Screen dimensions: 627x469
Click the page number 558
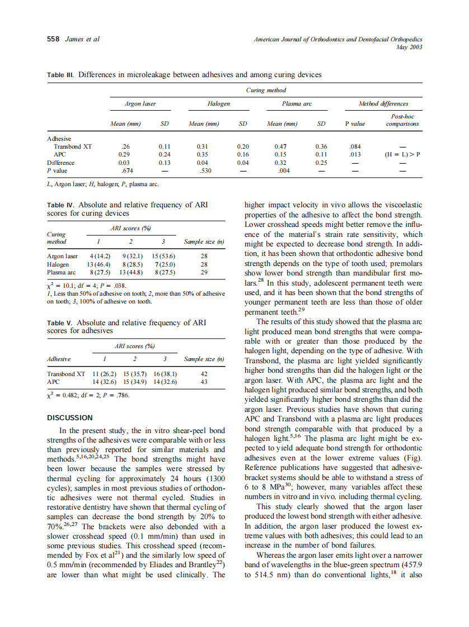tap(53, 39)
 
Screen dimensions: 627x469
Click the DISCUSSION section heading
tap(69, 417)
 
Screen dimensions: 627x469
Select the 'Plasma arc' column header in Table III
tap(297, 103)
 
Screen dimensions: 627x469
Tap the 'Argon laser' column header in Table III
tap(140, 103)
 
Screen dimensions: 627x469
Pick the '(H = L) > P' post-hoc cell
tap(403, 154)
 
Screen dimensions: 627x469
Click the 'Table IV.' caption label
tap(60, 205)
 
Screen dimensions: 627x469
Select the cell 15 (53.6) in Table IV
tap(163, 256)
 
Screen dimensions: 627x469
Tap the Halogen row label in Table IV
tap(58, 264)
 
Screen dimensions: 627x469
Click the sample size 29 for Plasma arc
tap(204, 272)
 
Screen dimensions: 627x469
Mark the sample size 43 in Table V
tap(204, 382)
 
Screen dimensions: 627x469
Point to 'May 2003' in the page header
tap(409, 47)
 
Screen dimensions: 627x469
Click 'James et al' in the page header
tap(82, 39)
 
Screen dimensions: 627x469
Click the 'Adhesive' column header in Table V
tap(59, 359)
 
